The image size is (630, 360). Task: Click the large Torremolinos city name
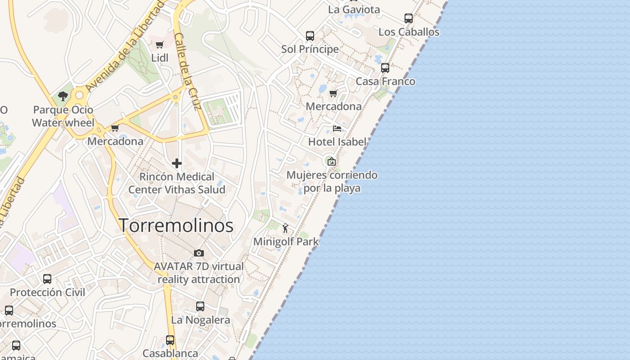point(176,225)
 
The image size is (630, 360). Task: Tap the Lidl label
point(160,58)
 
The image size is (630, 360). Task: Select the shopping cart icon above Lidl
point(159,45)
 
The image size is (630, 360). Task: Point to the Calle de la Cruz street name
point(187,71)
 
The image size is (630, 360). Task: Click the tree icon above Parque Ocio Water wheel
point(63,96)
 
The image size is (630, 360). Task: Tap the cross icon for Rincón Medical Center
point(176,163)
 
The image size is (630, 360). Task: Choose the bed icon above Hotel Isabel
point(337,129)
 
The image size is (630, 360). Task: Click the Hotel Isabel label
point(337,142)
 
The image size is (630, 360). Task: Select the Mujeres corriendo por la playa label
point(332,181)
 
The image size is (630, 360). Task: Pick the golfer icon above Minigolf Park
point(285,228)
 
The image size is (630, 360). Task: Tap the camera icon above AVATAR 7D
point(198,253)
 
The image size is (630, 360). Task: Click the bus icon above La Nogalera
point(200,306)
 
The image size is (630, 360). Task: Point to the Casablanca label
point(170,353)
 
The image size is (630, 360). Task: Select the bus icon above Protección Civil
point(47,279)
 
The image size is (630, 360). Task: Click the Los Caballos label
point(409,32)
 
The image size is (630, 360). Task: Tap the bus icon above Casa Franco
point(385,68)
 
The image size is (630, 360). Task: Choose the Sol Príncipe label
point(310,49)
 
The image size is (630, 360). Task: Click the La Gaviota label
point(354,9)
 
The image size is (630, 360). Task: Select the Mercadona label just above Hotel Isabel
point(333,107)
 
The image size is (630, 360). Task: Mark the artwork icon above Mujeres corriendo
point(331,161)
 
